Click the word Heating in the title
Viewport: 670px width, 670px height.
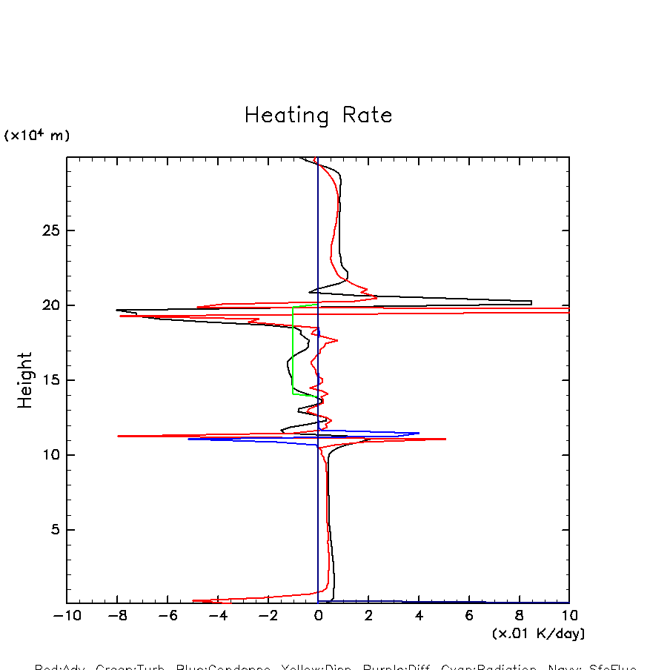[x=286, y=116]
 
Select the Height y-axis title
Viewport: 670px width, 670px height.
[x=25, y=380]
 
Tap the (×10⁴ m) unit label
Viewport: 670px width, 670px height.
[x=37, y=136]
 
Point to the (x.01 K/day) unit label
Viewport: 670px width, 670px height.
[x=538, y=634]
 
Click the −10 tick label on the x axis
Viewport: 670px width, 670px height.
[x=67, y=616]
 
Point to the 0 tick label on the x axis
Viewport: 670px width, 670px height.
[x=318, y=616]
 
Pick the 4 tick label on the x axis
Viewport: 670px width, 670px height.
[x=419, y=616]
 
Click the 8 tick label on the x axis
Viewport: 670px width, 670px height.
[x=519, y=616]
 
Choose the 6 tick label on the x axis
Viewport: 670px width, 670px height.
[x=469, y=616]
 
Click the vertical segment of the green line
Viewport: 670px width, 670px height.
[x=293, y=348]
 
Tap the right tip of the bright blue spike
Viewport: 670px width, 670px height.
[x=419, y=433]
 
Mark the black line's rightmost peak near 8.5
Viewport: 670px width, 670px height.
[x=531, y=302]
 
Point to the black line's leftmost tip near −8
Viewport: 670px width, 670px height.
[x=116, y=310]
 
